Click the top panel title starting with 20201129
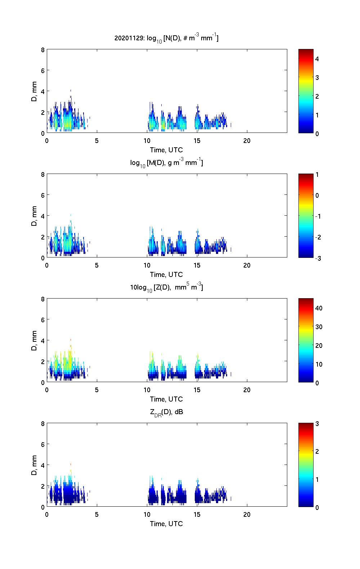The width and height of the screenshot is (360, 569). coord(166,38)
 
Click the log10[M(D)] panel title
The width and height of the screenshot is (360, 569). coord(166,163)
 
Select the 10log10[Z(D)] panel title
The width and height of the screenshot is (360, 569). coord(166,287)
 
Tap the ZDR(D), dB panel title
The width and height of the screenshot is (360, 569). coord(166,412)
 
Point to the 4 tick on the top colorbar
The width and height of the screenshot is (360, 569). coord(317,59)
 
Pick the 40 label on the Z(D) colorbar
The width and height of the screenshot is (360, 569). coord(319,308)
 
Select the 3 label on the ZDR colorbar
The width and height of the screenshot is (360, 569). coord(317,424)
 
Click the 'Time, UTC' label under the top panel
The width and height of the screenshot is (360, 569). coord(166,150)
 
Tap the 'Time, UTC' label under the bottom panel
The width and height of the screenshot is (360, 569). coord(166,524)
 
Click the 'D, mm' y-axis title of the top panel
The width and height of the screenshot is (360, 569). coord(35,91)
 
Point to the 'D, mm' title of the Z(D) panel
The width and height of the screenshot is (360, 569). coord(35,341)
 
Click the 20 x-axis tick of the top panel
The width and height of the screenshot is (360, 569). coord(247,140)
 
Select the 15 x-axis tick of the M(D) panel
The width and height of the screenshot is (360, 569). coord(197,265)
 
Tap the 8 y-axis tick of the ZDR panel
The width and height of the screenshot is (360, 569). coord(43,424)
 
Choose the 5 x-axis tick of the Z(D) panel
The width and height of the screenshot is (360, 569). coord(97,390)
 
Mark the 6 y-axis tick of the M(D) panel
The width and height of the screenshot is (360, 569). coord(43,195)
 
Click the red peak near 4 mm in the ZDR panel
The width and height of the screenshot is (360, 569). coord(71,464)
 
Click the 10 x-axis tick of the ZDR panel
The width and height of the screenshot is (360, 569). coord(147,514)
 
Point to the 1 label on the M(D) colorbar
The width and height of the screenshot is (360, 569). coord(317,175)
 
